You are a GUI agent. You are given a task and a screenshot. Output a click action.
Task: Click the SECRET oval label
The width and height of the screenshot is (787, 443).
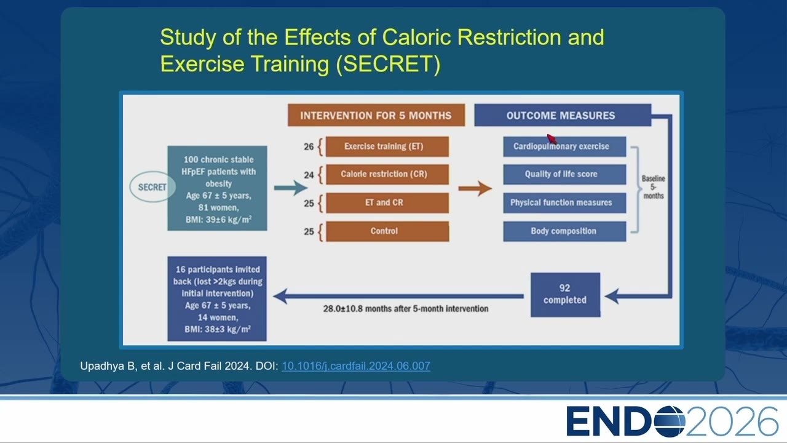coord(152,186)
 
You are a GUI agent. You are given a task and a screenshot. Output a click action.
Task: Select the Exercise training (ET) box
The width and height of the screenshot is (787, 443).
coord(387,146)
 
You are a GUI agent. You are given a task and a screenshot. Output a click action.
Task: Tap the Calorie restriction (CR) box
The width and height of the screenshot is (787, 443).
coord(387,174)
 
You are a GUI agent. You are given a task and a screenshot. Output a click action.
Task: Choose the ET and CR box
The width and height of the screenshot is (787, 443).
coord(387,203)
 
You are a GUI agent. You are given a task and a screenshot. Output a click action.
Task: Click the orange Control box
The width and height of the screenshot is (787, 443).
coord(387,231)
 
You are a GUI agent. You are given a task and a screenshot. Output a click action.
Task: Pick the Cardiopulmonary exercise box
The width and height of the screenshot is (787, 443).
coord(564,146)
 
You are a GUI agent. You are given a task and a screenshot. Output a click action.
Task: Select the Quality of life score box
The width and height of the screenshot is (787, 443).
coord(564,174)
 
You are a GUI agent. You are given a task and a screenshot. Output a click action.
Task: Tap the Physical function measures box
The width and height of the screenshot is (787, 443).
coord(564,203)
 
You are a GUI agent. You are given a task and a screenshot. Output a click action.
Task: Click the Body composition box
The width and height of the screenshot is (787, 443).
coord(564,231)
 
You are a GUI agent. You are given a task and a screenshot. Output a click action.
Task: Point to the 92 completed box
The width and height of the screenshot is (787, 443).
coord(565,295)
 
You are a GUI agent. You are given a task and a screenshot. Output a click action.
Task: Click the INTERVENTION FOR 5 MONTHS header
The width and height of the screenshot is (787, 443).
coord(376,115)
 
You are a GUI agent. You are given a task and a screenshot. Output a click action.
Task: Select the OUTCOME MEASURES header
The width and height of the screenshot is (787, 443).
coord(563,115)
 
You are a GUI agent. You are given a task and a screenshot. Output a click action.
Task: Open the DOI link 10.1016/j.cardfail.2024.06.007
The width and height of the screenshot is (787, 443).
coord(356,366)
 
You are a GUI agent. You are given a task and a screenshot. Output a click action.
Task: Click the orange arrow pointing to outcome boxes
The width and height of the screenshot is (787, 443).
coord(475,188)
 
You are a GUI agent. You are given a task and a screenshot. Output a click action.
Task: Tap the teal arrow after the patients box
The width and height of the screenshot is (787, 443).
coord(291,188)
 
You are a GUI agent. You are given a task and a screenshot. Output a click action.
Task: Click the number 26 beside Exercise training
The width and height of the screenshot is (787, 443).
coord(309,146)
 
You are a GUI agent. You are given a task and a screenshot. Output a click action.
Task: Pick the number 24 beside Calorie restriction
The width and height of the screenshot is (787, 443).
coord(309,175)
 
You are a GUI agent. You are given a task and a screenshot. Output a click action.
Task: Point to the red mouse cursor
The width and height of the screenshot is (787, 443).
coord(552,138)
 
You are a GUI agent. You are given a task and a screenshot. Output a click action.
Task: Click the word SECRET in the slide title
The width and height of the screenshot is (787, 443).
coord(388,63)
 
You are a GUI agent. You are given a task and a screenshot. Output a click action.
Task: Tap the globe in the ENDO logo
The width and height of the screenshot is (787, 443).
coord(670,421)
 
